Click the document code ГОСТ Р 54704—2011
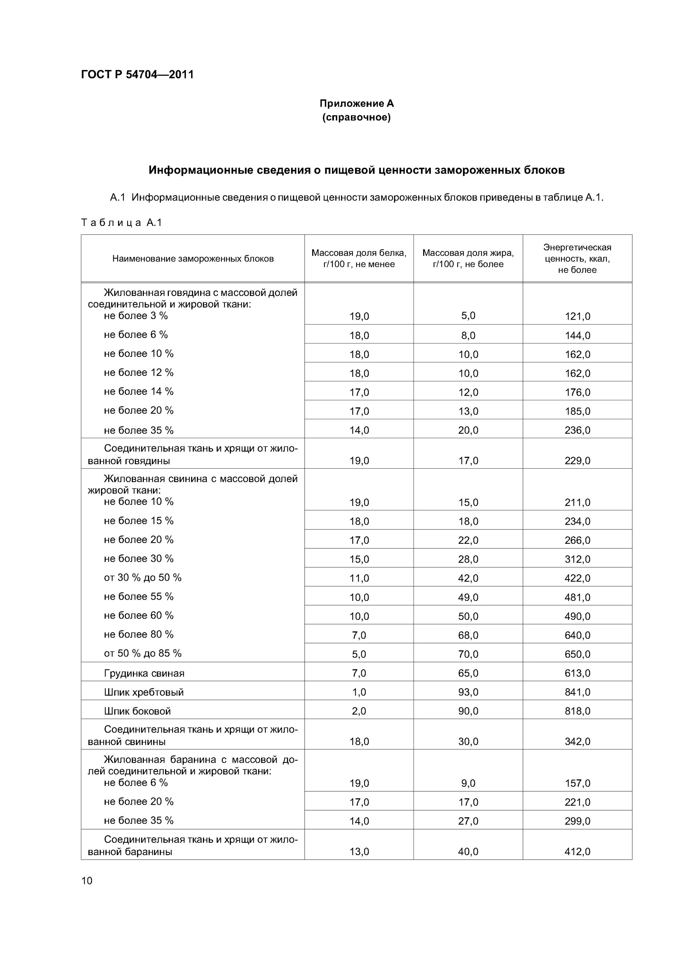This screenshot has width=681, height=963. coord(137,75)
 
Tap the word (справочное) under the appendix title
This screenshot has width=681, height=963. coord(356,117)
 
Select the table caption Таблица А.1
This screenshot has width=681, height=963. coord(121,223)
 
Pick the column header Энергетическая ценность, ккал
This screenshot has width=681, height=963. coord(577,258)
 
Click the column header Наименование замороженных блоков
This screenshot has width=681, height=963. coord(193,259)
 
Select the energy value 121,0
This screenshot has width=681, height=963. coord(577,317)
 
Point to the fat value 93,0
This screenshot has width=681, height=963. coord(468,692)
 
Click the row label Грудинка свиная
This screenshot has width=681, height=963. coord(144,673)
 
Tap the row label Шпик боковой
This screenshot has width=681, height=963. coord(137,711)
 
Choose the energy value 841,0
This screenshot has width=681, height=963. coord(577,692)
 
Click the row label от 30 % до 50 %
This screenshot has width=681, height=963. coord(143,577)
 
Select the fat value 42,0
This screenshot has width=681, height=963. coord(468,578)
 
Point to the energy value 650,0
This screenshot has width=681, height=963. coord(577,654)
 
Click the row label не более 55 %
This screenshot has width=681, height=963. coord(138,596)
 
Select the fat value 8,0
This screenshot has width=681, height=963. coord(468,335)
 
